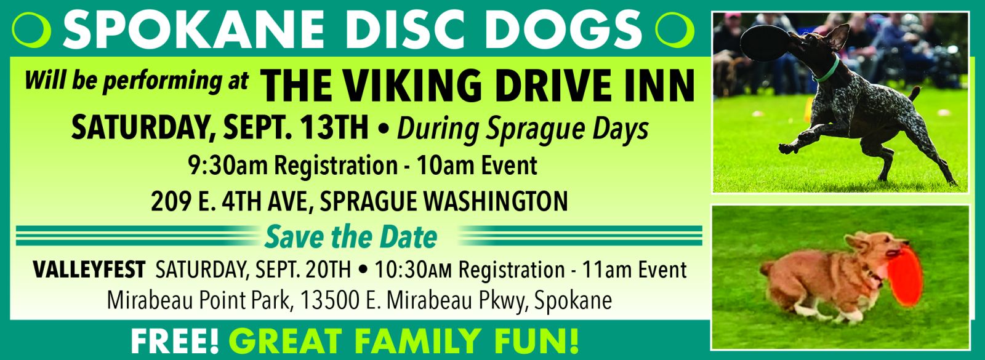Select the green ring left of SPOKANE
click(x=31, y=30)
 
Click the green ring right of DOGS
click(x=674, y=30)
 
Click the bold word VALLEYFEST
click(x=89, y=270)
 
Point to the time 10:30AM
click(x=413, y=270)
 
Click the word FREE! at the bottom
click(x=175, y=341)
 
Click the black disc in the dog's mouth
click(x=766, y=44)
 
